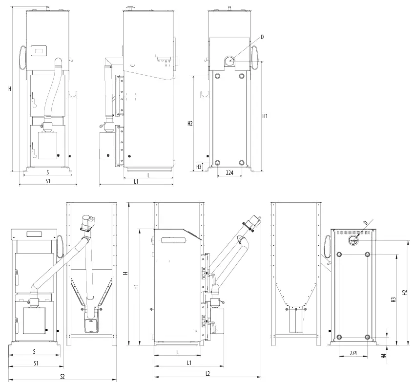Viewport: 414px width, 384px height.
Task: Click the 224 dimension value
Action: point(230,172)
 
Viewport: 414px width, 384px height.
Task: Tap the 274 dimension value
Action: point(353,353)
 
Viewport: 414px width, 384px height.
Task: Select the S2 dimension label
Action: point(62,377)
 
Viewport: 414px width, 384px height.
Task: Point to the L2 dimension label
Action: point(207,373)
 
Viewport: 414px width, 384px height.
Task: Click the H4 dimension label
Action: point(384,356)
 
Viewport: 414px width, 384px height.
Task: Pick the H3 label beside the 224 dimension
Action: point(199,167)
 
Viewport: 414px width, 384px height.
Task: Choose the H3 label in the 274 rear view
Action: point(393,300)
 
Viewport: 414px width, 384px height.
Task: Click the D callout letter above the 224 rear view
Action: point(262,37)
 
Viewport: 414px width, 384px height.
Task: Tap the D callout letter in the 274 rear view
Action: point(365,223)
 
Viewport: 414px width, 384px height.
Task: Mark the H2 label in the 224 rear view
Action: point(190,124)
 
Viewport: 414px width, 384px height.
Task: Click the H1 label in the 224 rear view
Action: point(265,116)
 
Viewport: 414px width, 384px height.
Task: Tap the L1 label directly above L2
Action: point(189,363)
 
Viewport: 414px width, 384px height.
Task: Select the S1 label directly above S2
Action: point(36,363)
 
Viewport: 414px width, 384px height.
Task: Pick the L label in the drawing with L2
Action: point(177,352)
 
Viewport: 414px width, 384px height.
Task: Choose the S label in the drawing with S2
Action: point(34,351)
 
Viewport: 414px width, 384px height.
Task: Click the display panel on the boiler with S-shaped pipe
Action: point(39,50)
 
